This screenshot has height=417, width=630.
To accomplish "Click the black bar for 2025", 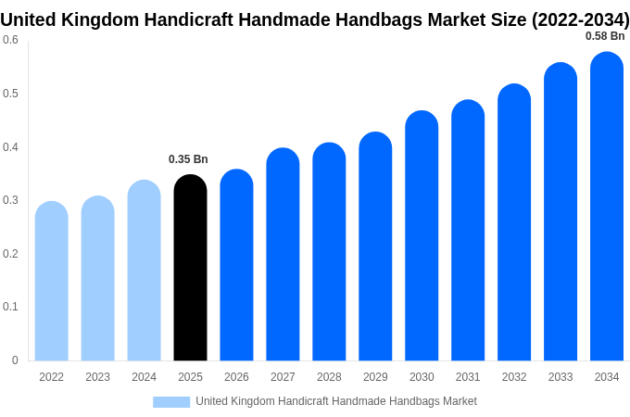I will (x=190, y=269).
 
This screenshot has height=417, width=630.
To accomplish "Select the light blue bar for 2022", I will (x=52, y=283).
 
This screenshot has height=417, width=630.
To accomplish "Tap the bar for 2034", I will (x=607, y=208).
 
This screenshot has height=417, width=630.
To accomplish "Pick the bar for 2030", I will (x=422, y=236).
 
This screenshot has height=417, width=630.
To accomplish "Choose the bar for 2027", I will (x=283, y=255).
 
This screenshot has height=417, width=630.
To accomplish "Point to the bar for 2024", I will (x=144, y=271).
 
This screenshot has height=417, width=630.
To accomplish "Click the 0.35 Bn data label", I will (x=188, y=159).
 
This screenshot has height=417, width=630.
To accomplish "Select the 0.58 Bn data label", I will (x=605, y=36).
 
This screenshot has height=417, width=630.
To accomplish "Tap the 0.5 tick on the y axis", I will (x=10, y=94).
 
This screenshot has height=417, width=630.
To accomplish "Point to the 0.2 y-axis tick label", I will (x=10, y=254).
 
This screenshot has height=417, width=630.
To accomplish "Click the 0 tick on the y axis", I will (x=15, y=360).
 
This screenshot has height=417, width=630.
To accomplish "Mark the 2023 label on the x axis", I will (x=97, y=377).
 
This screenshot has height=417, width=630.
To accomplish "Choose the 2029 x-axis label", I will (x=375, y=377).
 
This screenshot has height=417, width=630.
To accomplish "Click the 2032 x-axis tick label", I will (x=514, y=377).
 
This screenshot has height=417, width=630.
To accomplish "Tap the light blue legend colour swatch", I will (x=171, y=401).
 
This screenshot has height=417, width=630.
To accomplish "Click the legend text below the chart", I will (x=335, y=401).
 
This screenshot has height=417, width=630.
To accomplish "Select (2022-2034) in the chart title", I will (x=580, y=19).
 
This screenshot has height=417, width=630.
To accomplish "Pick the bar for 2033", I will (x=561, y=213).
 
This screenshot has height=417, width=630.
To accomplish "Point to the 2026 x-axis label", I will (x=236, y=377).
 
